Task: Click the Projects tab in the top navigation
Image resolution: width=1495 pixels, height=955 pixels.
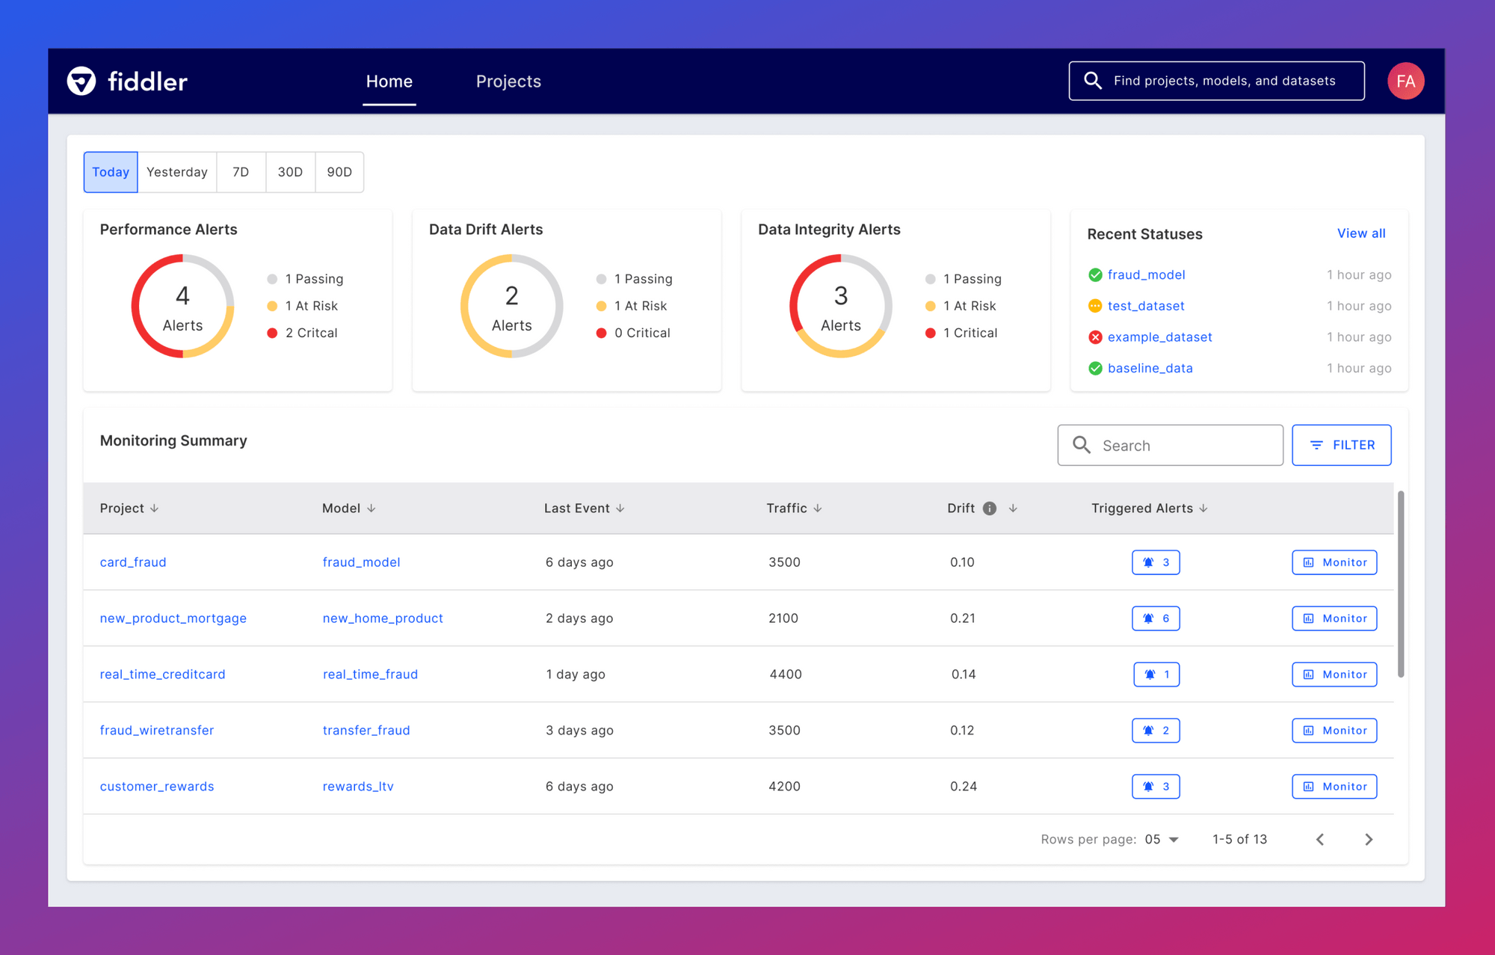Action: coord(508,82)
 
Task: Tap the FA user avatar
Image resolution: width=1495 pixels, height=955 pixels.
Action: coord(1405,81)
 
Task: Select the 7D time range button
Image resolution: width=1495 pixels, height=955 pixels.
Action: coord(241,172)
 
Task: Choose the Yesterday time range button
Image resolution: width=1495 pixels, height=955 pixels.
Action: coord(177,172)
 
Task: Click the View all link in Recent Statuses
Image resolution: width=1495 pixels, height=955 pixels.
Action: coord(1360,233)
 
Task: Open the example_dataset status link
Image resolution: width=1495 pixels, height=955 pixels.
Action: coord(1159,337)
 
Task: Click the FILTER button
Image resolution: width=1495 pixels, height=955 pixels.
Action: coord(1341,445)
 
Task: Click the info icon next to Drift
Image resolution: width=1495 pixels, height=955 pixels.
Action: coord(990,509)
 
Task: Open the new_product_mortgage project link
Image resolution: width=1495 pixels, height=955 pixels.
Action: coord(173,618)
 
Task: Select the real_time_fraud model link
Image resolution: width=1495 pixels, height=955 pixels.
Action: coord(370,675)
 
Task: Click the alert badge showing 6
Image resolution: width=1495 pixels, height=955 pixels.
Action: coord(1156,618)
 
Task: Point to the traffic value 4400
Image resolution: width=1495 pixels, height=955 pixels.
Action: coord(786,675)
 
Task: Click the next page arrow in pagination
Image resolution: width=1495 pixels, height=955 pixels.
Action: coord(1369,840)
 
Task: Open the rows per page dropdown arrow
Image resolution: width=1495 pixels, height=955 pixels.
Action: coord(1174,840)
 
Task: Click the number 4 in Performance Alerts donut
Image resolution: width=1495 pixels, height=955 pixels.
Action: coord(182,296)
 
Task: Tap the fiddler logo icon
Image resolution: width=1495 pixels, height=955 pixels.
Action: coord(81,81)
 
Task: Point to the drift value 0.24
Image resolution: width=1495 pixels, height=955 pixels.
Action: coord(964,787)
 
